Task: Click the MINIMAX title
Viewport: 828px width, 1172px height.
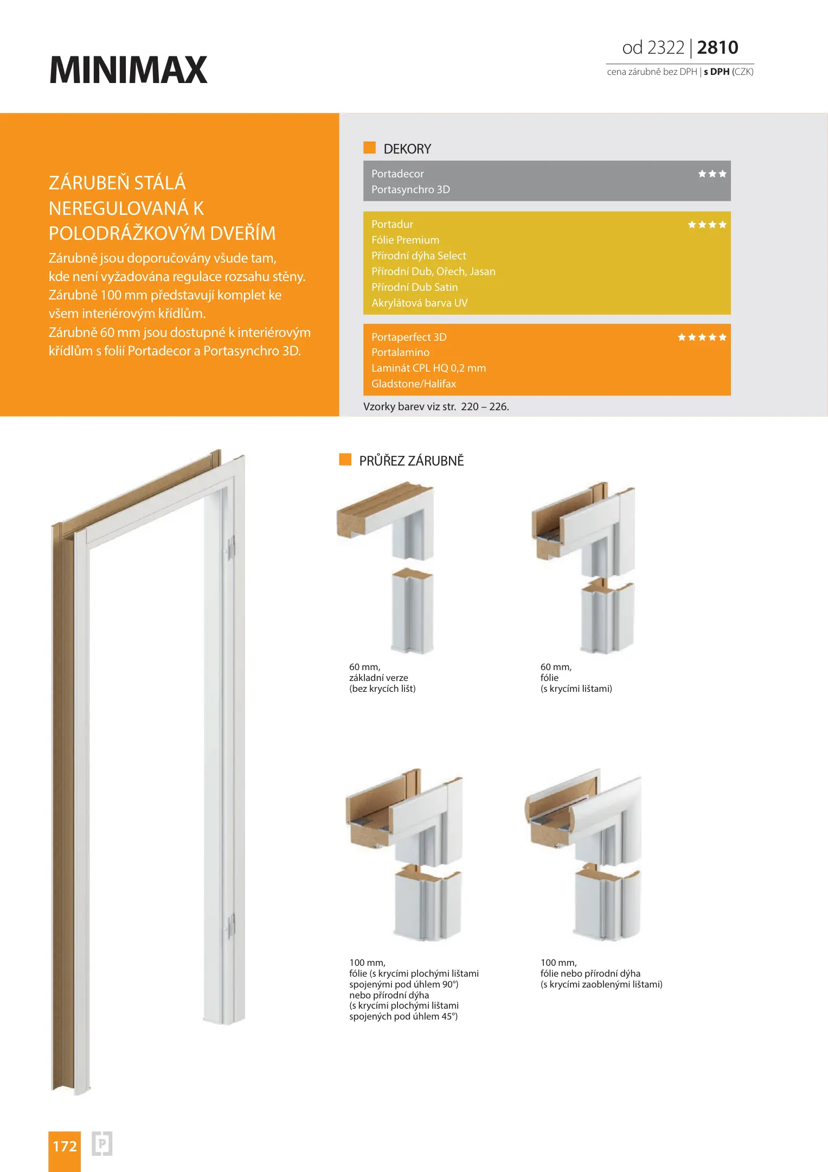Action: pos(128,70)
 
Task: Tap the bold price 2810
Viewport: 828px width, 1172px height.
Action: pos(717,48)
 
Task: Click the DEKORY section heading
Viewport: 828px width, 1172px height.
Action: pos(407,149)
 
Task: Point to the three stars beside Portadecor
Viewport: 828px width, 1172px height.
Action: pos(712,174)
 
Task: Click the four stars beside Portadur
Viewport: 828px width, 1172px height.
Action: pos(707,225)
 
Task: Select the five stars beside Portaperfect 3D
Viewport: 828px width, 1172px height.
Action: pos(702,337)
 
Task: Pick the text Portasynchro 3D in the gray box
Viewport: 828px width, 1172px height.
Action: pos(410,189)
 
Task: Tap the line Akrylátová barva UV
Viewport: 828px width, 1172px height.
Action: pos(419,303)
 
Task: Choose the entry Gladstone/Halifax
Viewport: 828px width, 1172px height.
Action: pos(414,384)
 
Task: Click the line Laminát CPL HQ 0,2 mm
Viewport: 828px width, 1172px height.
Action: pos(428,368)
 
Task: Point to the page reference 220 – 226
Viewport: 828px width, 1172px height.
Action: pos(485,406)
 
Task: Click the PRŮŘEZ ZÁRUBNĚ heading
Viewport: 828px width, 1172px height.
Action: pos(411,461)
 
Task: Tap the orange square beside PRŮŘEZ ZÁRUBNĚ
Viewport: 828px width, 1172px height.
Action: pos(345,460)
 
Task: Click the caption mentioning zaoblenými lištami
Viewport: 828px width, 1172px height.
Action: pos(601,984)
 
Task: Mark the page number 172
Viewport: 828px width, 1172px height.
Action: pos(65,1146)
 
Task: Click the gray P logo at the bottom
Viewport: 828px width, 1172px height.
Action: pos(102,1144)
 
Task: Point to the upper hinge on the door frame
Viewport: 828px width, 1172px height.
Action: pos(230,548)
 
